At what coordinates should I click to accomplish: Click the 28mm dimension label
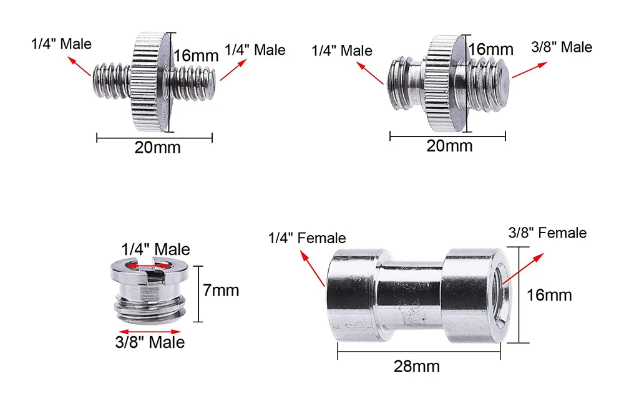(417, 367)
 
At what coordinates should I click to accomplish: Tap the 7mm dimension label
(221, 291)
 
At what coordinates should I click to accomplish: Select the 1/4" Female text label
(307, 238)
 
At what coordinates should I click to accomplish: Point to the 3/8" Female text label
(547, 233)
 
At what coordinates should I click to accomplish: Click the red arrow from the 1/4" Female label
(313, 268)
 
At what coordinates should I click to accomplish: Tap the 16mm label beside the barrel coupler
(548, 296)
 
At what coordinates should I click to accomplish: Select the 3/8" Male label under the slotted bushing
(150, 342)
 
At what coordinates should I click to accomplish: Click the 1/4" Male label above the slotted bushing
(155, 249)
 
